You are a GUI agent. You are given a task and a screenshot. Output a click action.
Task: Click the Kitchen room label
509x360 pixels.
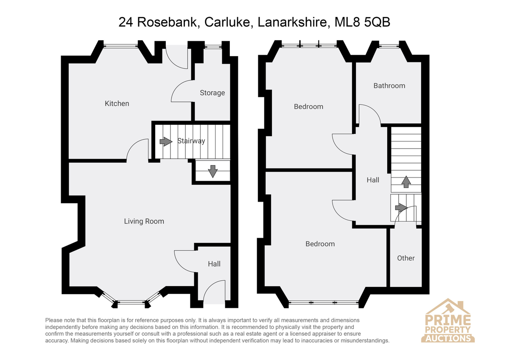pyautogui.click(x=117, y=104)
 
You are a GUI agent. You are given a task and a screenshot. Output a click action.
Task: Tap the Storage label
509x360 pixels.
pyautogui.click(x=212, y=93)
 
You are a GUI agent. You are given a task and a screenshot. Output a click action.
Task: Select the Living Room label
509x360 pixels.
pyautogui.click(x=144, y=221)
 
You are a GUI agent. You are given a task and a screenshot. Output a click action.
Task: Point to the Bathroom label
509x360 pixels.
pyautogui.click(x=389, y=86)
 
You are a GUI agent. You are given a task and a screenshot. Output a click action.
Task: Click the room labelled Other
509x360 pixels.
pyautogui.click(x=406, y=258)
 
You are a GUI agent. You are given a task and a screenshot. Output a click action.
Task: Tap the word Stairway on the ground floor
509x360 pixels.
pyautogui.click(x=191, y=141)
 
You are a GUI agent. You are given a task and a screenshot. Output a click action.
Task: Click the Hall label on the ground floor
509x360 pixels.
pyautogui.click(x=214, y=264)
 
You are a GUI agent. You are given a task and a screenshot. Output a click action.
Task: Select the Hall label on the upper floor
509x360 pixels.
pyautogui.click(x=373, y=180)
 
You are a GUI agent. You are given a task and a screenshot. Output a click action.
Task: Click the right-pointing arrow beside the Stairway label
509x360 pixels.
pyautogui.click(x=166, y=141)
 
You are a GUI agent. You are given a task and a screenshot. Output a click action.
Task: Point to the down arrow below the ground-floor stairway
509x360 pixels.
pyautogui.click(x=213, y=172)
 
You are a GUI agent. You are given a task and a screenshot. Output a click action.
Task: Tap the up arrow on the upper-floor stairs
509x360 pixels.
pyautogui.click(x=406, y=182)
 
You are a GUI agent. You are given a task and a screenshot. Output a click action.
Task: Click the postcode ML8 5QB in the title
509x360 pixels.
pyautogui.click(x=362, y=22)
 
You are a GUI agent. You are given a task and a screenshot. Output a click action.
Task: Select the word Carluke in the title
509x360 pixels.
pyautogui.click(x=229, y=22)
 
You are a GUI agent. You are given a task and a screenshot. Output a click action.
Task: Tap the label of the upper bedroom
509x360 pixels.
pyautogui.click(x=308, y=107)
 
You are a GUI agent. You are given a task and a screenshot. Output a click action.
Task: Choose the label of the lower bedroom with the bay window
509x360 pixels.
pyautogui.click(x=320, y=244)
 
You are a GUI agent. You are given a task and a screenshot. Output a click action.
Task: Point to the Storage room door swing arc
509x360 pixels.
pyautogui.click(x=176, y=87)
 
